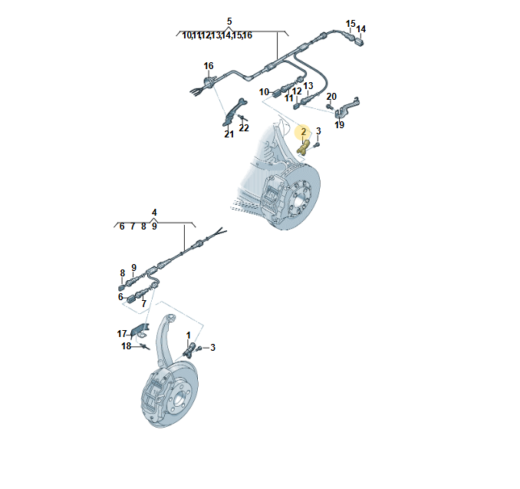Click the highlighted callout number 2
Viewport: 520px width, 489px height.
coord(303,132)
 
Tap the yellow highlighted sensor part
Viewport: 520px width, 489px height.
coord(304,147)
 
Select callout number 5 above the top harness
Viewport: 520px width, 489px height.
coord(229,21)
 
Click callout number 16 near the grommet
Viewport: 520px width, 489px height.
coord(209,66)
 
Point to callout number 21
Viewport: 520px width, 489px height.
coord(229,134)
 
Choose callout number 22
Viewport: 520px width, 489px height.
coord(244,127)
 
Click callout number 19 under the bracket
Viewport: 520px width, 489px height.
coord(339,125)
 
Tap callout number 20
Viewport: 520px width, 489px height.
coord(331,97)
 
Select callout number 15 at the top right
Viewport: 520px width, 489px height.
coord(351,24)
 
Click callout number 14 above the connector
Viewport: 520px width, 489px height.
coord(360,29)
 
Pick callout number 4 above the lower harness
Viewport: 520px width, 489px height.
coord(154,213)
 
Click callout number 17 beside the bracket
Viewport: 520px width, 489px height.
coord(122,334)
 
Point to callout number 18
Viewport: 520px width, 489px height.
coord(126,346)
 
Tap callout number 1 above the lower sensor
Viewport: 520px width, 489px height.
coord(189,335)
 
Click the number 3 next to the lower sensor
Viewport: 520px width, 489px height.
coord(212,348)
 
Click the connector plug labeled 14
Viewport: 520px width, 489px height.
coord(359,41)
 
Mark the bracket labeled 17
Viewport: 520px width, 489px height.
coord(140,330)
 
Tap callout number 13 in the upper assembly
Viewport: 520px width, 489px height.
coord(308,86)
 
